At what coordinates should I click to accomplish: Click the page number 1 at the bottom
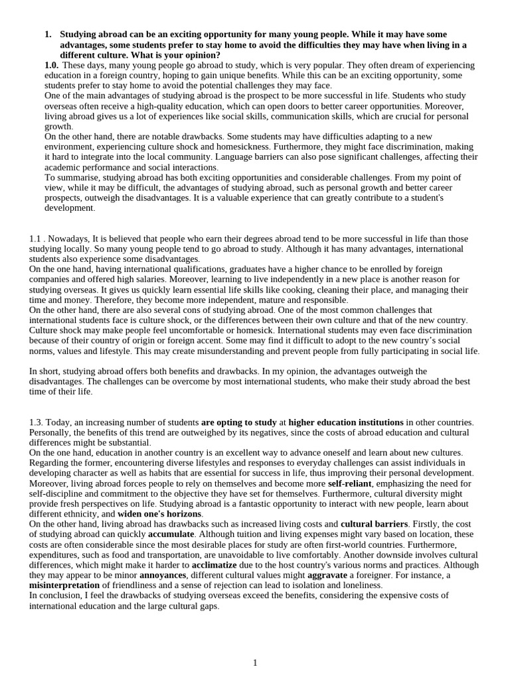255,662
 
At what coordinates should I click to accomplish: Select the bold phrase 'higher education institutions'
345,422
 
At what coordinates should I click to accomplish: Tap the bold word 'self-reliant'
350,483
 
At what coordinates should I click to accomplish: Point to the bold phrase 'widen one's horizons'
159,514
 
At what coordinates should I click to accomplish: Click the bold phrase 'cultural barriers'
374,524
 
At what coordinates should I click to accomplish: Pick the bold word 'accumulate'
171,534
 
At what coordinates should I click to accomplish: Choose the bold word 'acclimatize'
214,564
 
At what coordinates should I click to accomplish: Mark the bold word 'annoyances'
162,575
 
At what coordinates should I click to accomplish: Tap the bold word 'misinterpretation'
64,586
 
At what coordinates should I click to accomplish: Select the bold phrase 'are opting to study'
238,422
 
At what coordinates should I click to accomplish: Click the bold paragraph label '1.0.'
51,65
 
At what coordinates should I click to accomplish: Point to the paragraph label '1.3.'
37,422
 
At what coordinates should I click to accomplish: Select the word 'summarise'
76,178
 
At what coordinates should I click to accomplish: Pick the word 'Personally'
51,432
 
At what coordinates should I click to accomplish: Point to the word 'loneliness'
361,586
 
